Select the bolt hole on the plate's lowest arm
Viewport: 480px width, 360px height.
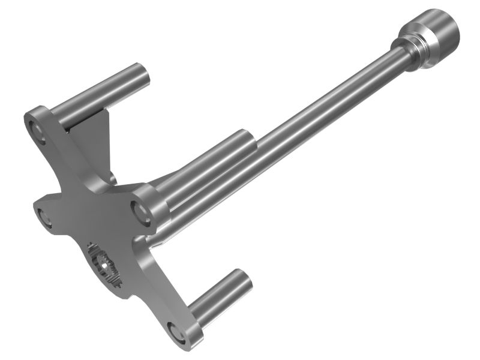175,332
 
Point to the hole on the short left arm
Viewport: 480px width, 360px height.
43,216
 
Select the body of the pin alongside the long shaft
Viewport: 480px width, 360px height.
204,168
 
